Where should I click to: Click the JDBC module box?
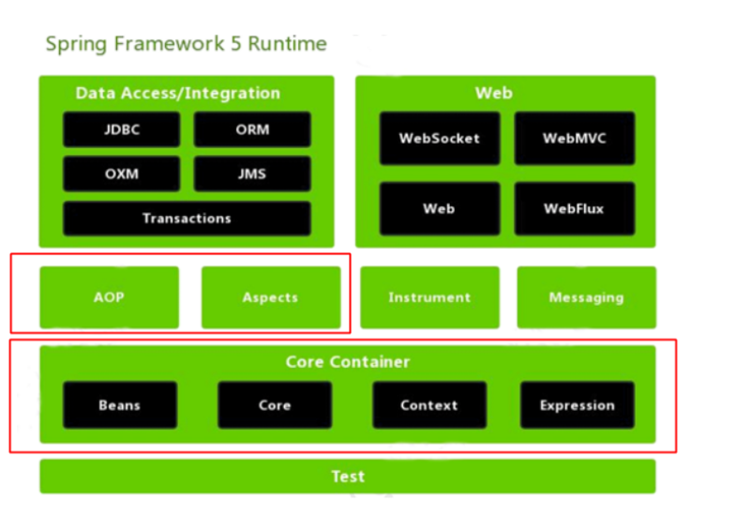point(122,130)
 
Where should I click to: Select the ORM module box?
point(252,130)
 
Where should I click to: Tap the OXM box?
point(122,174)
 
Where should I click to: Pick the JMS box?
point(252,174)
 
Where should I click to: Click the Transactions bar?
point(187,218)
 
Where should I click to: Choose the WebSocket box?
point(439,138)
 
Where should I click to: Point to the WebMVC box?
point(574,138)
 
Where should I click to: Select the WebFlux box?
point(574,208)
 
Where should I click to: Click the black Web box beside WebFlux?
point(439,208)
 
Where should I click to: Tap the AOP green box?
point(109,297)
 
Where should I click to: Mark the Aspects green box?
point(270,297)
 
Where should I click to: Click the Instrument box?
point(429,297)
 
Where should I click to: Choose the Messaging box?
point(586,297)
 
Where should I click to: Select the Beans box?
point(120,405)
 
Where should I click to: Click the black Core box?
point(275,405)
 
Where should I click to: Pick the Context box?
point(429,405)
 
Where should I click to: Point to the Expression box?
point(577,405)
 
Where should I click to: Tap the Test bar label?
point(348,477)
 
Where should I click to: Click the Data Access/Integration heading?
point(178,94)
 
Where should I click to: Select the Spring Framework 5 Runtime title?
point(187,44)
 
